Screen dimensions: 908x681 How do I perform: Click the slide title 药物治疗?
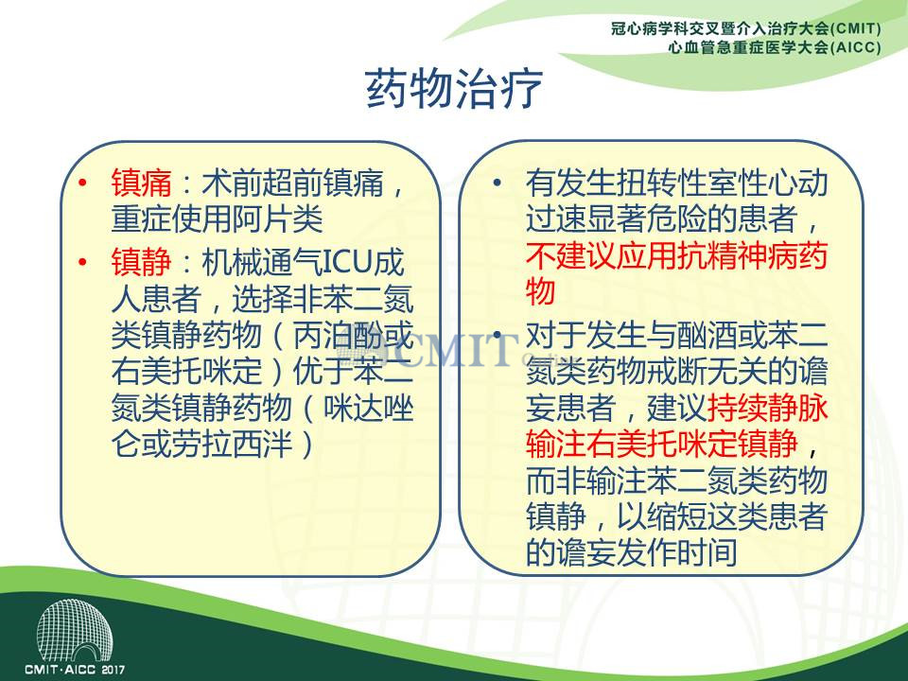[455, 89]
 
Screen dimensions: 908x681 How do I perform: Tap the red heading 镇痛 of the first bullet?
[141, 183]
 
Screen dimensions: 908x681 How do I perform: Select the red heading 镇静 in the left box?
[141, 262]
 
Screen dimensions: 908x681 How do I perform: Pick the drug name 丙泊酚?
[339, 335]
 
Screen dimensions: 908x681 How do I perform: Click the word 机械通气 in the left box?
[261, 262]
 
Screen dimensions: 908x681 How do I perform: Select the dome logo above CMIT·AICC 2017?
[74, 630]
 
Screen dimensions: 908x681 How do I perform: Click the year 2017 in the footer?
[113, 670]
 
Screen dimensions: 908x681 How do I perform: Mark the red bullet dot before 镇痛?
[83, 183]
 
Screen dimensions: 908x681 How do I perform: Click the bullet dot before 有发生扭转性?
[498, 183]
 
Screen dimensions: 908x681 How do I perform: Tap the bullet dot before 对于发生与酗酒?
[498, 336]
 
